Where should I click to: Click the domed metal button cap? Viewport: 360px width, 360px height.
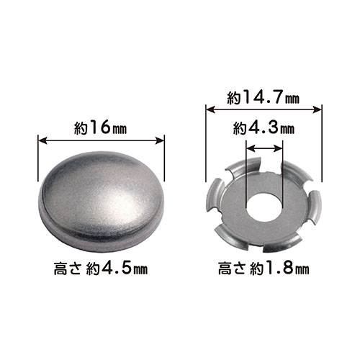(102, 201)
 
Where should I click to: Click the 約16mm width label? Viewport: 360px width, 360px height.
(100, 128)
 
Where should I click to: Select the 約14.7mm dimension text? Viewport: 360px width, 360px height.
(264, 98)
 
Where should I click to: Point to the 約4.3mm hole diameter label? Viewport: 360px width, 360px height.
(264, 129)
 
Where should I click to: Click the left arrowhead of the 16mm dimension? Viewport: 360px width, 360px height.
(42, 141)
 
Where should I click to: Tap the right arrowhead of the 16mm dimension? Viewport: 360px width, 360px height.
(160, 141)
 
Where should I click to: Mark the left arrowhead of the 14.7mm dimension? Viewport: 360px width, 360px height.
(210, 109)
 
